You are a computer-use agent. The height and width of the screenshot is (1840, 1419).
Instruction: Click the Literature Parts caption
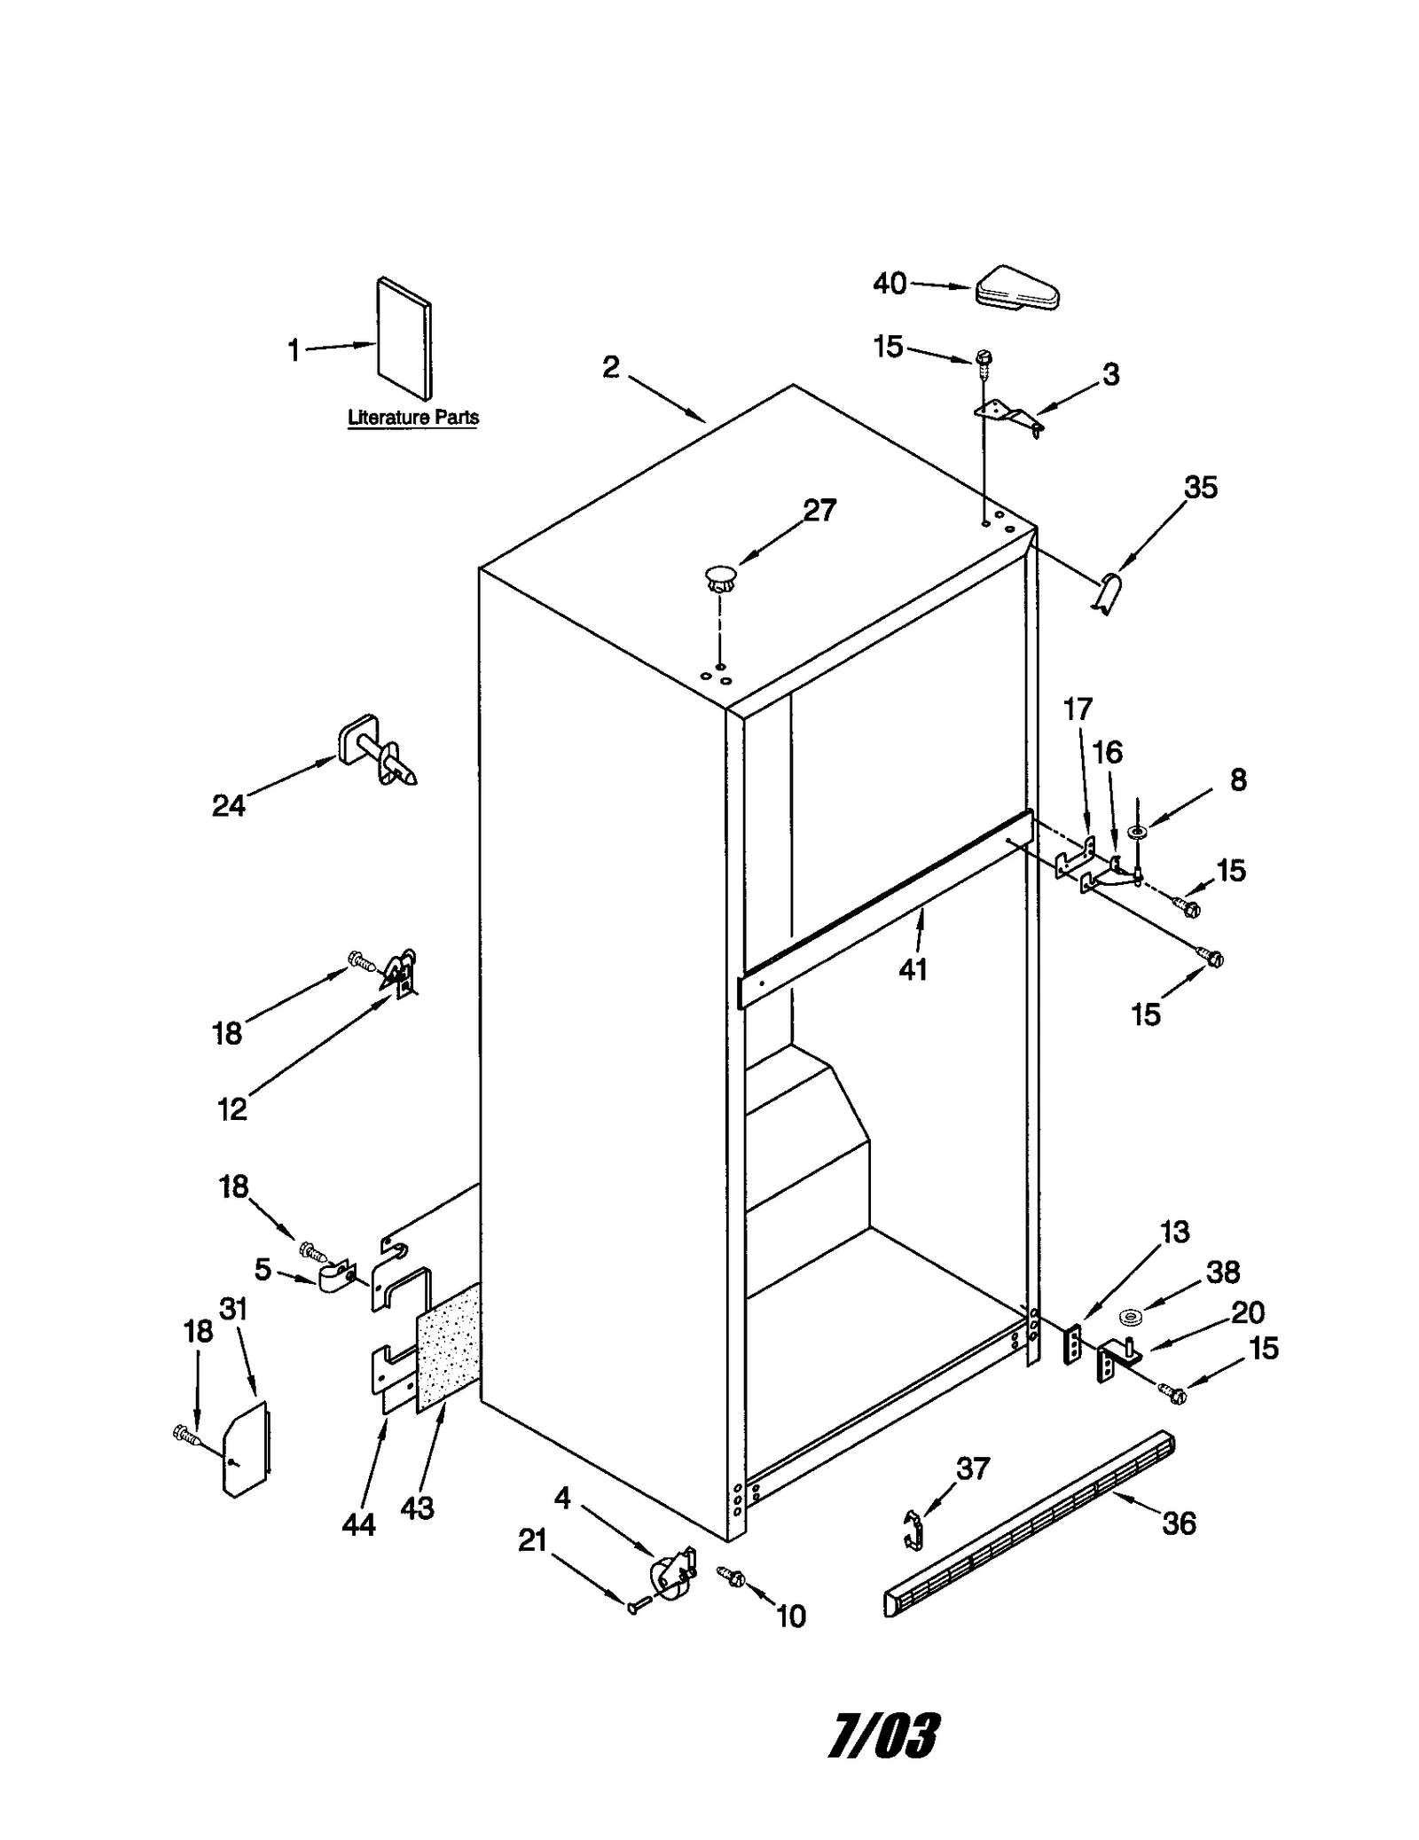(x=412, y=418)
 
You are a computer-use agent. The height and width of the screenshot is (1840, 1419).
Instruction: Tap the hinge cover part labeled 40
(x=1017, y=289)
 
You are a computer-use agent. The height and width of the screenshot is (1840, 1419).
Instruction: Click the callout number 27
(x=819, y=511)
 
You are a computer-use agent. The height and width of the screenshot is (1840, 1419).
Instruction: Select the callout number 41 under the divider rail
(x=913, y=969)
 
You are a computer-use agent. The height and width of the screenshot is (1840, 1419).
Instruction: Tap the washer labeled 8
(x=1137, y=832)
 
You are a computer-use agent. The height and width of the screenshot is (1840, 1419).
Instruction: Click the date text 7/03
(x=883, y=1735)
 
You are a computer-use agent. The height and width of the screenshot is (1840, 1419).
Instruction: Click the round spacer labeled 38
(x=1130, y=1317)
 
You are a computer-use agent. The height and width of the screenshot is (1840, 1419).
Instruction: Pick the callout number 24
(x=229, y=805)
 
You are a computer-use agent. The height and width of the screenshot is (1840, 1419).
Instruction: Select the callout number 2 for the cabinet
(x=610, y=366)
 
